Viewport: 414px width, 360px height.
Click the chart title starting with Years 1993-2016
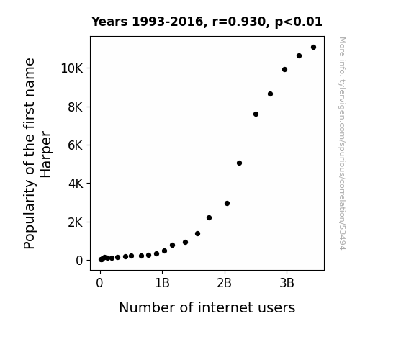[207, 22]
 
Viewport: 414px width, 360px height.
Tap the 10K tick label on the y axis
[72, 68]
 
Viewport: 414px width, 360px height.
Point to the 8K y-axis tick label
[76, 107]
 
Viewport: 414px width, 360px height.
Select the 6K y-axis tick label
[76, 145]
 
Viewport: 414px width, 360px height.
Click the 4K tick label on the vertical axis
[76, 184]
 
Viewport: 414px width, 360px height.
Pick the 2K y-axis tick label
[76, 222]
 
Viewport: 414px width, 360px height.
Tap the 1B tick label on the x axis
[162, 284]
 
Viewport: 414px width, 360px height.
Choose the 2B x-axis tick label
[224, 284]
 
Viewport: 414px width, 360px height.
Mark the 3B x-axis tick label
[287, 284]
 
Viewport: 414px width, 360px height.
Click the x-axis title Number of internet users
[207, 307]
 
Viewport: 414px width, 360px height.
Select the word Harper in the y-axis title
[45, 154]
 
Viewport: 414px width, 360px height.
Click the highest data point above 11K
[313, 48]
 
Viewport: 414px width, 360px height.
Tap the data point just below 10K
[284, 69]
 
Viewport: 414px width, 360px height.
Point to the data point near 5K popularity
[239, 163]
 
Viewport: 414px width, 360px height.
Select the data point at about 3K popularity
[227, 203]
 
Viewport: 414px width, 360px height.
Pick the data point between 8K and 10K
[270, 94]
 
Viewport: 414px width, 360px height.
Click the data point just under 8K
[256, 114]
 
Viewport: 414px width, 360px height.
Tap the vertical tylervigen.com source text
[342, 143]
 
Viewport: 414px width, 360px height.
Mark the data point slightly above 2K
[209, 218]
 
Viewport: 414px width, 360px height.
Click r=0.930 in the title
[239, 22]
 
